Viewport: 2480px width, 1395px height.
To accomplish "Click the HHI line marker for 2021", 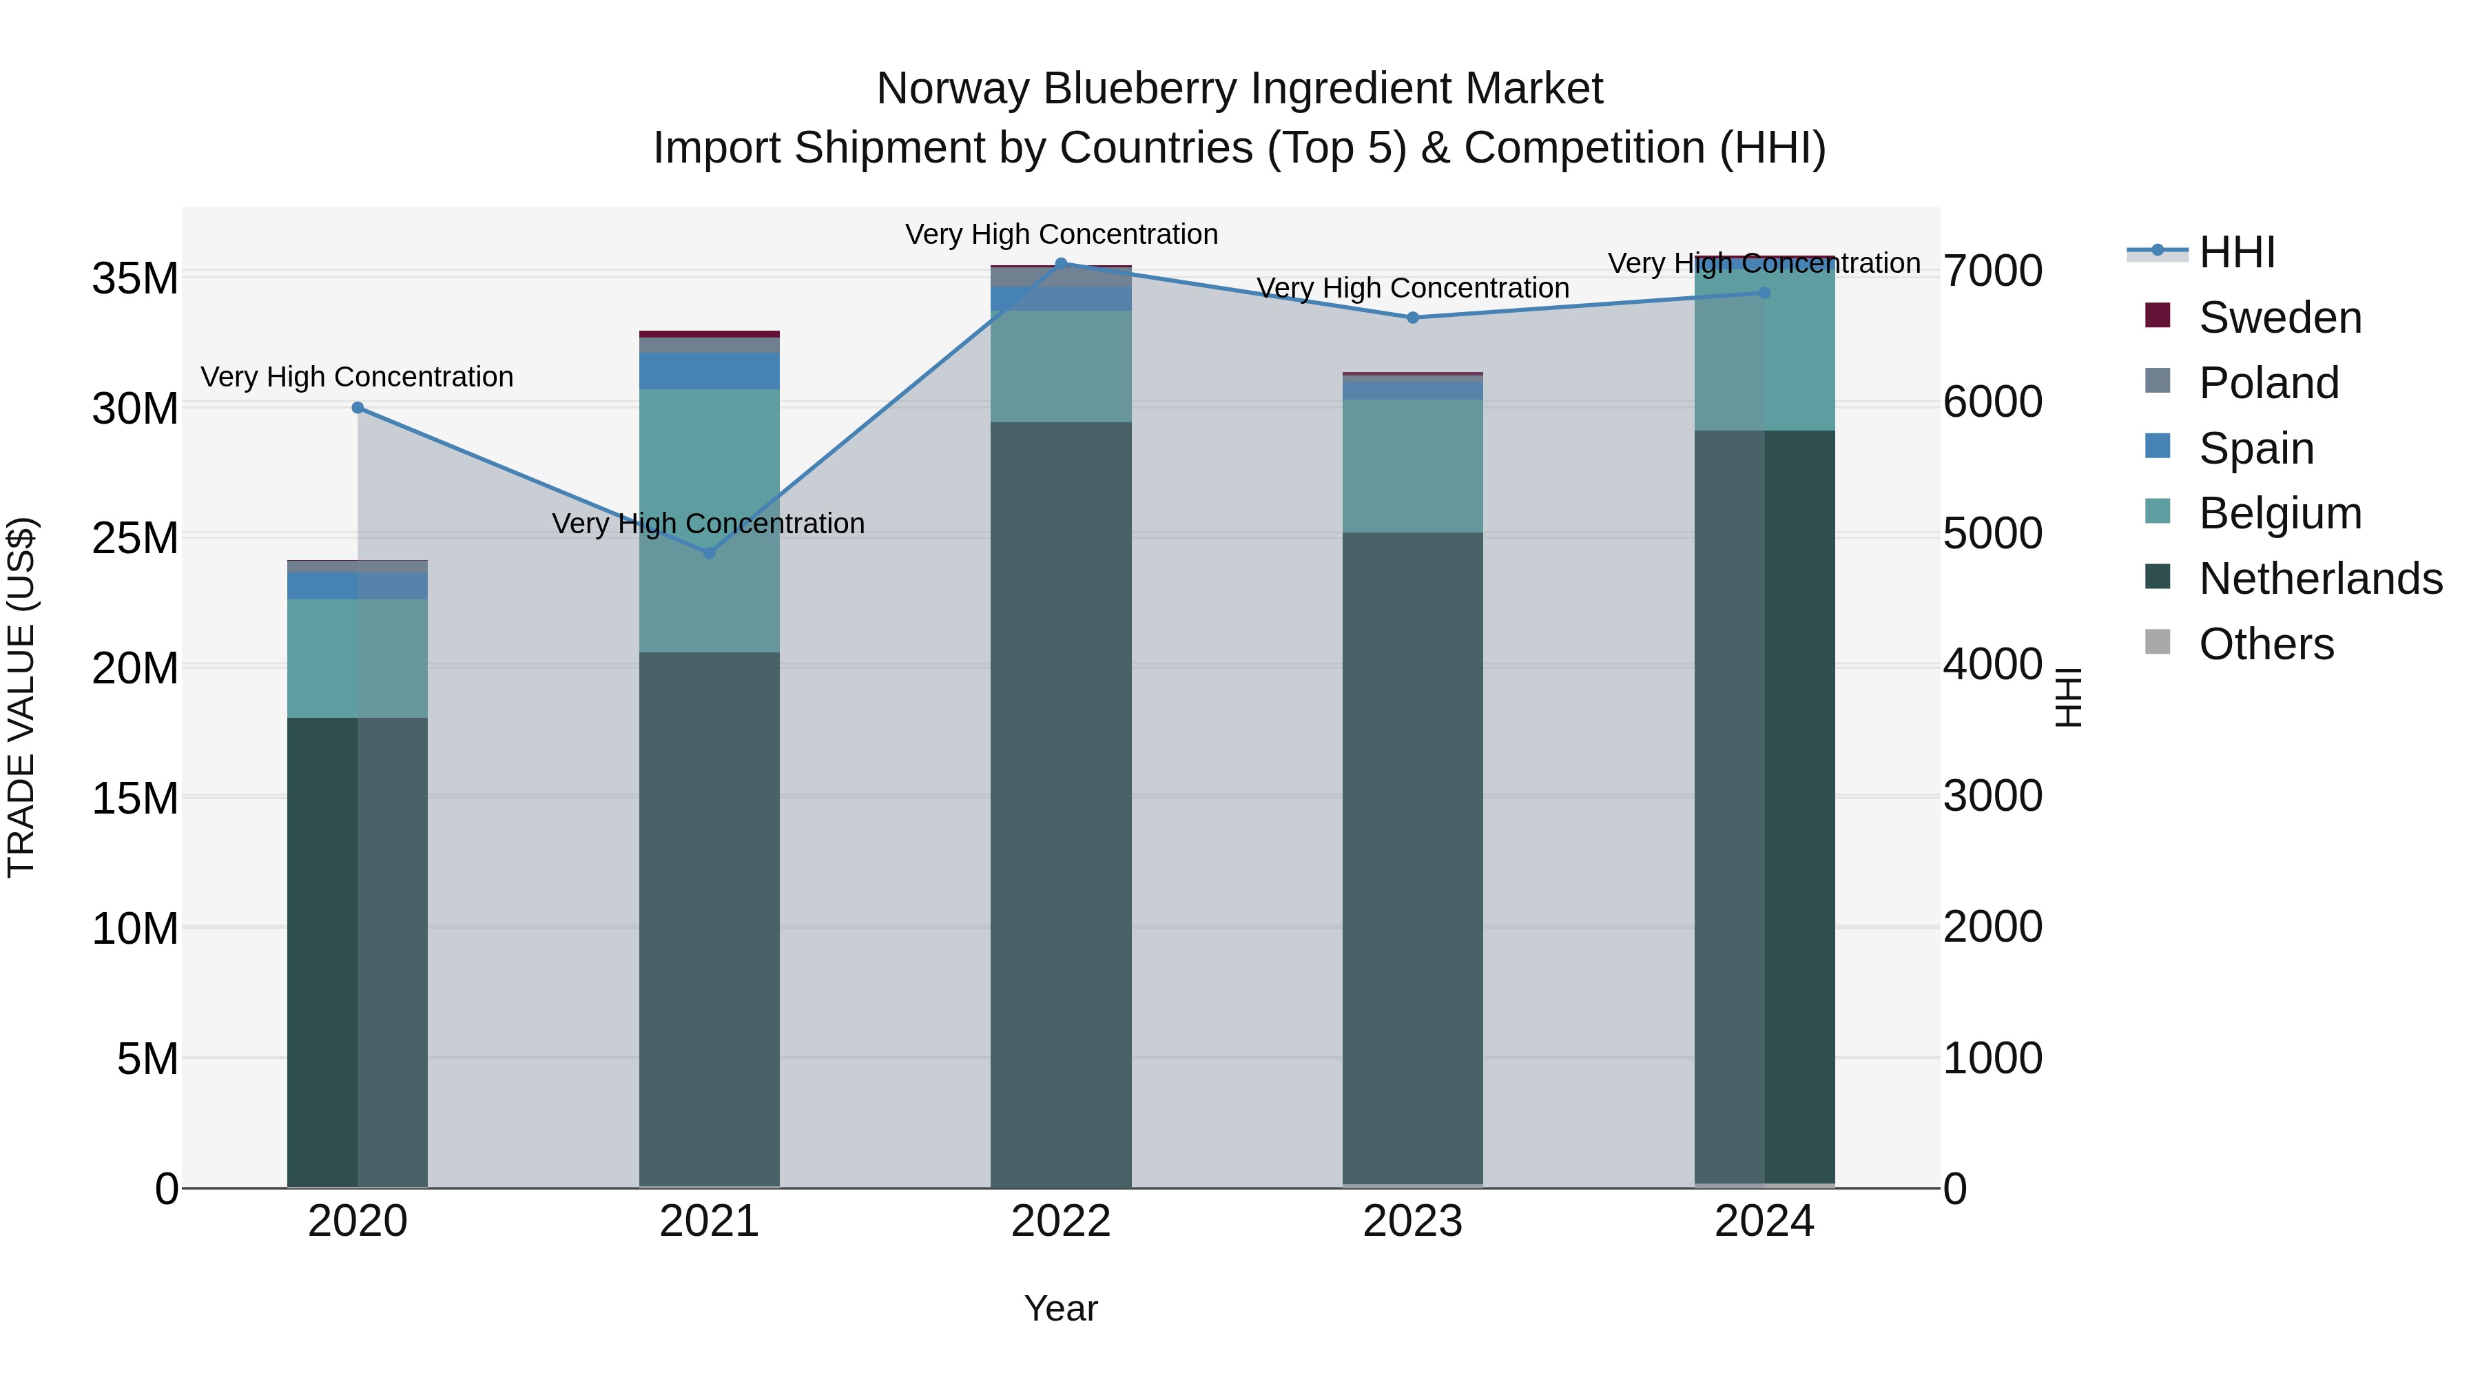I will click(x=710, y=552).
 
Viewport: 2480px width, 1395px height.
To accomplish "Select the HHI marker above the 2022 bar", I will click(x=1061, y=263).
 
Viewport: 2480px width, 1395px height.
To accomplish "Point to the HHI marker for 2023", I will click(x=1412, y=318).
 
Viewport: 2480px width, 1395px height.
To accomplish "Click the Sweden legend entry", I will click(x=2280, y=318).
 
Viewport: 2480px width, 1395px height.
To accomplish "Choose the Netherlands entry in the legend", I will click(x=2320, y=579).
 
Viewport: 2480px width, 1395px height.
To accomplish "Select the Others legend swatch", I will click(x=2158, y=642).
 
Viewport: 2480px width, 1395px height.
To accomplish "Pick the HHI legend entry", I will click(x=2235, y=252).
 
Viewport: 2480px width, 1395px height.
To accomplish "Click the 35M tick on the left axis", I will click(x=135, y=279).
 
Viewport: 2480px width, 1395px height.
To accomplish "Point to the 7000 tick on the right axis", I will click(x=1992, y=271).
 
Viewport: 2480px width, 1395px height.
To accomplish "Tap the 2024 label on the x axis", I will click(x=1764, y=1221).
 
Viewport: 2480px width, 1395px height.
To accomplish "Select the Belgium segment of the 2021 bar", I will click(x=710, y=520).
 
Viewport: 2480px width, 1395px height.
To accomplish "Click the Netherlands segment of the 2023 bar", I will click(x=1412, y=857).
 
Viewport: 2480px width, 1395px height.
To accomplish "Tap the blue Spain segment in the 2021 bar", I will click(x=710, y=371).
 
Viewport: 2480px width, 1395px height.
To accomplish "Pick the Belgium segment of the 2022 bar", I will click(x=1061, y=366).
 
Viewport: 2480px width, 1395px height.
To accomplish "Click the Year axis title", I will click(x=1061, y=1308).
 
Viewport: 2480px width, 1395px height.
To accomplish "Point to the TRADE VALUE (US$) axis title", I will click(x=21, y=697).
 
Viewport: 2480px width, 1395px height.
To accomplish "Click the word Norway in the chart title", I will click(x=951, y=89).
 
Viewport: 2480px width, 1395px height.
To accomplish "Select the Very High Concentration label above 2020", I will click(x=356, y=376).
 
